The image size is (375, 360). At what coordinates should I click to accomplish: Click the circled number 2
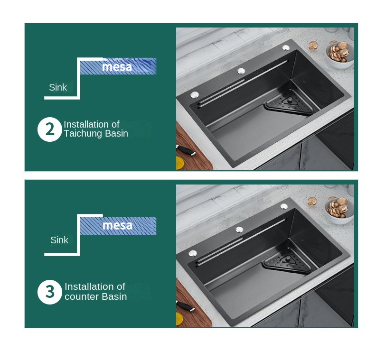coord(50,129)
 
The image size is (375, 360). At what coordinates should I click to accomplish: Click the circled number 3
coord(50,292)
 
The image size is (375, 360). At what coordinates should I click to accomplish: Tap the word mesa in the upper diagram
coord(117,67)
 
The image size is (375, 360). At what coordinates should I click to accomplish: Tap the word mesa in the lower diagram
coord(117,225)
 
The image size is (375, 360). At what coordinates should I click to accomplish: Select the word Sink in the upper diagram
coord(58,87)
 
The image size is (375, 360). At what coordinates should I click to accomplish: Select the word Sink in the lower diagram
coord(59,240)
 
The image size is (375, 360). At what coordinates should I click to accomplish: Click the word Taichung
coord(83,134)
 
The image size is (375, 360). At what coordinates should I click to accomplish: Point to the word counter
coord(82,296)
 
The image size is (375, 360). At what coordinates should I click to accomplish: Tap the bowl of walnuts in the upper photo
coord(339,55)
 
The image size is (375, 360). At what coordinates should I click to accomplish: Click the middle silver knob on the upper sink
coord(241,71)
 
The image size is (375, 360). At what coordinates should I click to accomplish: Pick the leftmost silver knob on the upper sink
coord(195,95)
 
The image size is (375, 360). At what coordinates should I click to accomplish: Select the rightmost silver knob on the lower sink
coord(284,206)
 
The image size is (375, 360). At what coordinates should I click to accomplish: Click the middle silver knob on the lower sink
coord(239,230)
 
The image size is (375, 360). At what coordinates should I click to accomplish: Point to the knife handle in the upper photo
coord(186,150)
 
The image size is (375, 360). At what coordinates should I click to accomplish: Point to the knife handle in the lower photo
coord(185,306)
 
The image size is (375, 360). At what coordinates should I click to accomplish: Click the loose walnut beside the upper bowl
coord(313,46)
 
